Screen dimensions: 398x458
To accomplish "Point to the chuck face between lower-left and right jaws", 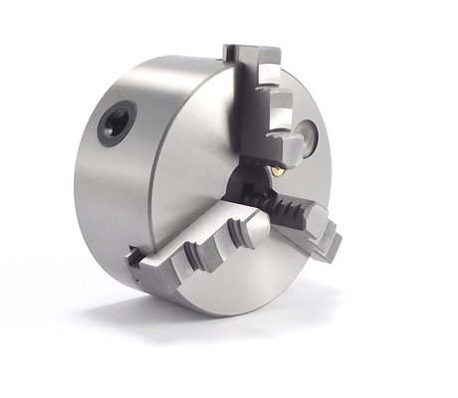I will [x=269, y=269].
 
